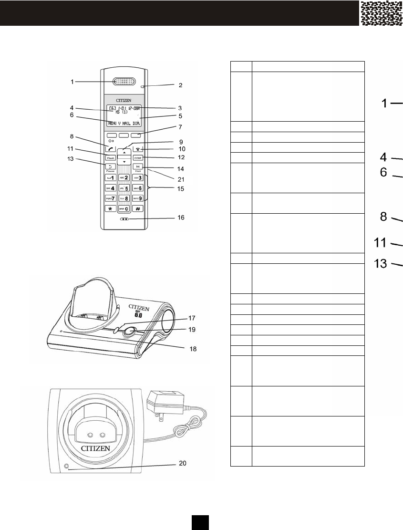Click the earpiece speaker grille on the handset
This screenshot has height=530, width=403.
click(124, 82)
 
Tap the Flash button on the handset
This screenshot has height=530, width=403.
click(110, 157)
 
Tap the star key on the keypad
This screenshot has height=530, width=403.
click(110, 209)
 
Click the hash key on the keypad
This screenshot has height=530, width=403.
click(138, 209)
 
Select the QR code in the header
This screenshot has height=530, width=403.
click(382, 13)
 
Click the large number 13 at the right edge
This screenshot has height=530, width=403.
click(381, 264)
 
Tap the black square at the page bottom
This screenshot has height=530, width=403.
click(201, 522)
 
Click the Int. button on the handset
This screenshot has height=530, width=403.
click(138, 166)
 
